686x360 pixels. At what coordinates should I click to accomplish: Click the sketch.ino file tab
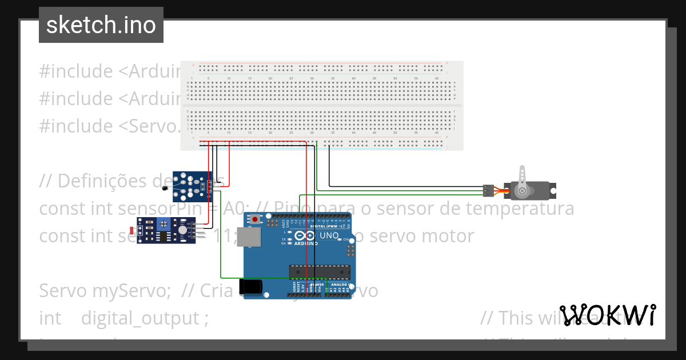(101, 25)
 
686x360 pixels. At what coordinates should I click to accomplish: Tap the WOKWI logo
(607, 315)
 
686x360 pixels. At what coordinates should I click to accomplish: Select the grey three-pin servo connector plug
(488, 190)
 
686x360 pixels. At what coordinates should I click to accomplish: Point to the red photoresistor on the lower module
(133, 231)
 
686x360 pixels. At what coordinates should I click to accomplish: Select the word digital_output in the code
(141, 318)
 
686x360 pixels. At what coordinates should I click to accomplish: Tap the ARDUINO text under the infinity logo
(306, 243)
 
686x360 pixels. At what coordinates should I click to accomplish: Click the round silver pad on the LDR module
(182, 230)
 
